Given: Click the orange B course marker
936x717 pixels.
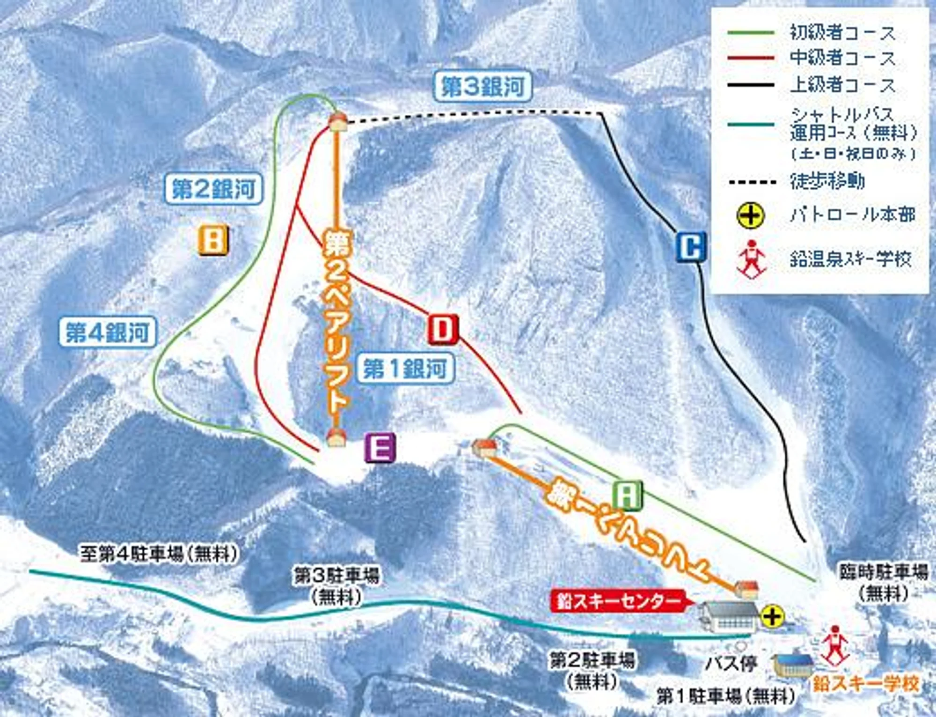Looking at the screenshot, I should [213, 240].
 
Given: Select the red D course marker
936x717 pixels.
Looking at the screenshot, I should [442, 329].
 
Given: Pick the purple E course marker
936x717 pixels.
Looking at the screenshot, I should [380, 447].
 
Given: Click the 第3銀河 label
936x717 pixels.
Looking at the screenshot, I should [483, 86].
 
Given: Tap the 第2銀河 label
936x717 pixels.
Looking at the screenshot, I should [213, 189].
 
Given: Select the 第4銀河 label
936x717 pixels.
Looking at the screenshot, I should [107, 333].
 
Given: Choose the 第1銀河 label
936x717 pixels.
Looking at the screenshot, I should [405, 369].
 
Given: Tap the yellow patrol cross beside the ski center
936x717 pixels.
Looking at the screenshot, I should [772, 616].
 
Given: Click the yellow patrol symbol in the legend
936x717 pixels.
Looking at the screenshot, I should [750, 215].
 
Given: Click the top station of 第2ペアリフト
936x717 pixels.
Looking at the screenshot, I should [337, 123].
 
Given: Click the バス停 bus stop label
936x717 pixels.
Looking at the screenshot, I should [731, 663].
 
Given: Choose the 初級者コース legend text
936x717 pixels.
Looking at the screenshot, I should [842, 33].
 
